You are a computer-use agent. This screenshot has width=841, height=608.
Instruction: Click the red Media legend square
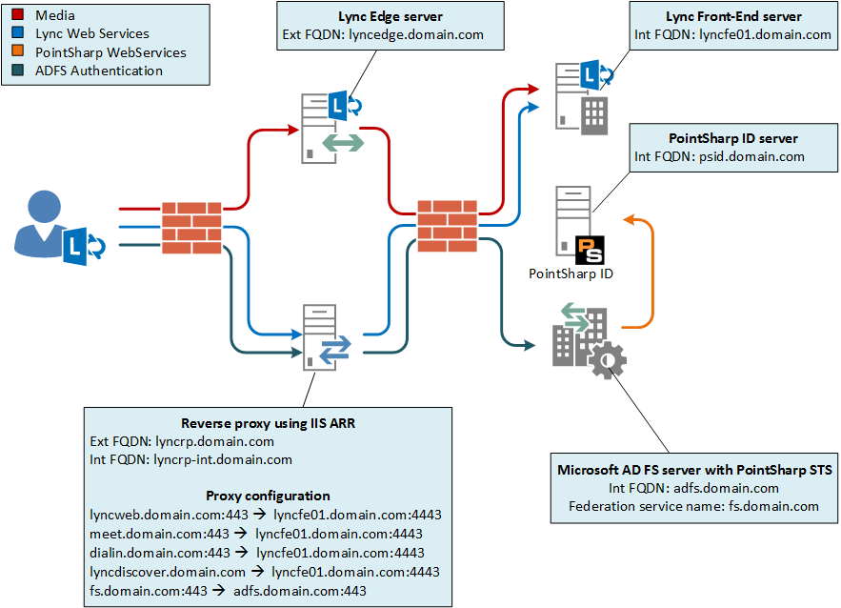tap(17, 15)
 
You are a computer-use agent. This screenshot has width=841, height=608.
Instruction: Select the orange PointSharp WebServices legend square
tap(17, 52)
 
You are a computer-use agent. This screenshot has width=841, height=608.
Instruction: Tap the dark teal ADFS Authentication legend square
tap(17, 71)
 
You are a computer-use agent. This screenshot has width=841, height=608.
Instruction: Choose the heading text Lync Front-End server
tap(732, 16)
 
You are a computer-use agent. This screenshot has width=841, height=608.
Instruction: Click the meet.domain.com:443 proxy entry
tap(158, 534)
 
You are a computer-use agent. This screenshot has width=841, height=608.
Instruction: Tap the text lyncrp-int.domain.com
tap(222, 459)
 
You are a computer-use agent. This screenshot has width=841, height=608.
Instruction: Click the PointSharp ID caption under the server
tap(571, 274)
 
